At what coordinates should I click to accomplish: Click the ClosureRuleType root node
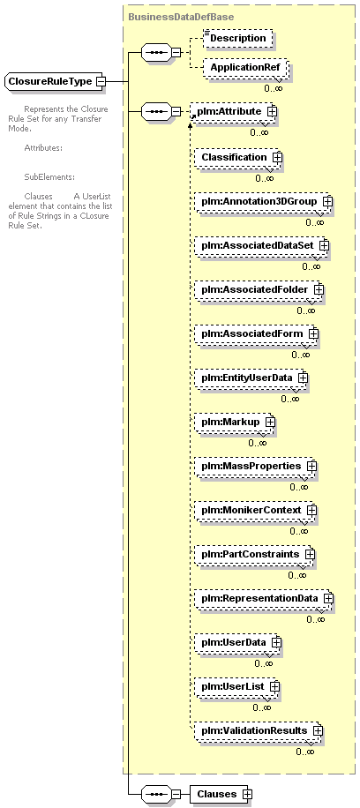(55, 81)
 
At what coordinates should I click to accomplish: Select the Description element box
(237, 39)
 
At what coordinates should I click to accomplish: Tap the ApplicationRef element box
(244, 68)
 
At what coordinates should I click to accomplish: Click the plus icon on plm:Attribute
(272, 111)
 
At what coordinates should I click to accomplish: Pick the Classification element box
(237, 157)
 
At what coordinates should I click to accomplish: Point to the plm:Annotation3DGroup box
(263, 201)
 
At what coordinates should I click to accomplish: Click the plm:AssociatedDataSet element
(261, 246)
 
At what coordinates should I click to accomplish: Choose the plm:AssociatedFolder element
(258, 289)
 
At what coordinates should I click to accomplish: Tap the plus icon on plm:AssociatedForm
(313, 334)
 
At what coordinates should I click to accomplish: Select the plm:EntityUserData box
(251, 378)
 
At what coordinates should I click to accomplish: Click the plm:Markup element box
(234, 422)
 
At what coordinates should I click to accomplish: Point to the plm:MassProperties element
(255, 466)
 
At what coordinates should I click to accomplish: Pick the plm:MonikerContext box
(255, 510)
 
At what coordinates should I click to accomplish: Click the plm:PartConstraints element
(254, 555)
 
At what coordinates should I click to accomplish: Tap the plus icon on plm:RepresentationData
(328, 599)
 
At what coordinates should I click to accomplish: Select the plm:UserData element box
(237, 642)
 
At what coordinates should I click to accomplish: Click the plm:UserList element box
(236, 687)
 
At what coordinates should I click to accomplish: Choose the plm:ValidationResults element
(258, 730)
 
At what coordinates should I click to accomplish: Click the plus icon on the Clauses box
(248, 794)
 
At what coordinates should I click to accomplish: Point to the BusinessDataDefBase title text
(181, 17)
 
